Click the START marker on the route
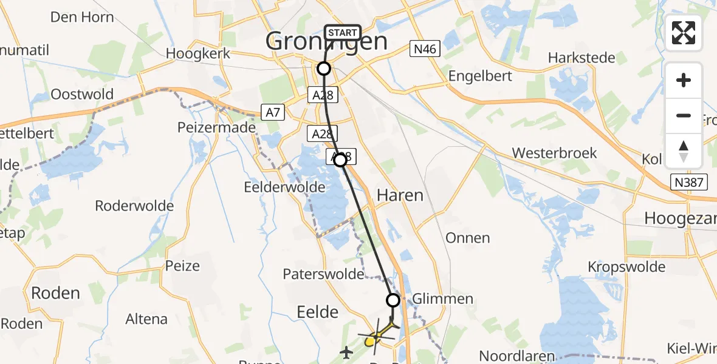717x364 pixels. click(x=343, y=33)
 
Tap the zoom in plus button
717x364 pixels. click(x=684, y=80)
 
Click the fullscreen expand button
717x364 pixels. click(x=684, y=33)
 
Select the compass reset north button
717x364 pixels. click(x=684, y=151)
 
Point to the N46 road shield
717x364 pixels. click(x=424, y=50)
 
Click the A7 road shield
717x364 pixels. click(x=272, y=112)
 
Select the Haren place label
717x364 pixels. click(x=400, y=195)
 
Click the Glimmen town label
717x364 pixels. click(x=442, y=298)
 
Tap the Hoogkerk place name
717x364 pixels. click(x=198, y=53)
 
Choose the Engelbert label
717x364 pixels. click(x=480, y=76)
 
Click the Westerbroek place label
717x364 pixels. click(x=554, y=153)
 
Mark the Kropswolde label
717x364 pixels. click(x=626, y=266)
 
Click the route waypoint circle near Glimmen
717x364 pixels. click(x=393, y=300)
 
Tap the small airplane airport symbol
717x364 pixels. click(x=346, y=351)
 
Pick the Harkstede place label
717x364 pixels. click(x=581, y=58)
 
